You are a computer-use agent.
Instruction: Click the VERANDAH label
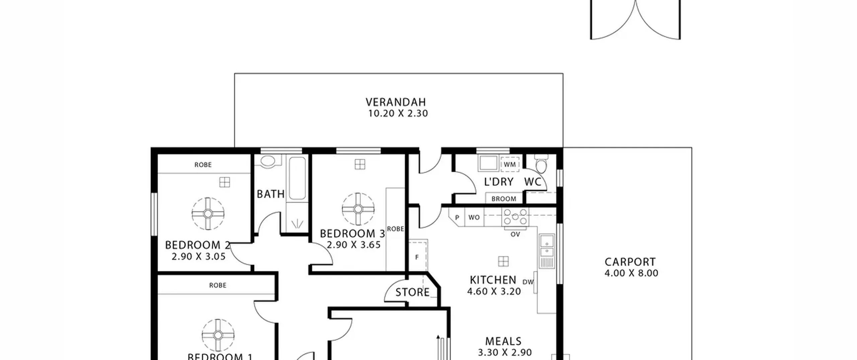(396, 102)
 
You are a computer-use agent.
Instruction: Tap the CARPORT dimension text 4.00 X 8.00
(631, 273)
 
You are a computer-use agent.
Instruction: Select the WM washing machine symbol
(510, 164)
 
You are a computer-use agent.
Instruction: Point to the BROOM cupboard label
(504, 199)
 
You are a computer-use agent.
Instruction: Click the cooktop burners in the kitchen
(515, 217)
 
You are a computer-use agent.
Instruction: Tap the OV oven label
(515, 234)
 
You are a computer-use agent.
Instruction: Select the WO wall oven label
(474, 217)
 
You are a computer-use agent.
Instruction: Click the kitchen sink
(547, 251)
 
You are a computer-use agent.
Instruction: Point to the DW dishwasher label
(528, 282)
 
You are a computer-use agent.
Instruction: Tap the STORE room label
(412, 292)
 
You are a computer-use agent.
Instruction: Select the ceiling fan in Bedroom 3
(358, 209)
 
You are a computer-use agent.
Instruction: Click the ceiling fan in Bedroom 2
(208, 214)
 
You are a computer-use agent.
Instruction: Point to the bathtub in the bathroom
(297, 178)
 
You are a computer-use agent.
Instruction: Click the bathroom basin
(267, 162)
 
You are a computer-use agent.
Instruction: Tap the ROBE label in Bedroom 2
(203, 165)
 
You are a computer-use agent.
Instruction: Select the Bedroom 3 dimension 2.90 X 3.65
(354, 245)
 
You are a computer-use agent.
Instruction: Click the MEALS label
(503, 341)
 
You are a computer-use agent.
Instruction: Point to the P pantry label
(457, 217)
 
